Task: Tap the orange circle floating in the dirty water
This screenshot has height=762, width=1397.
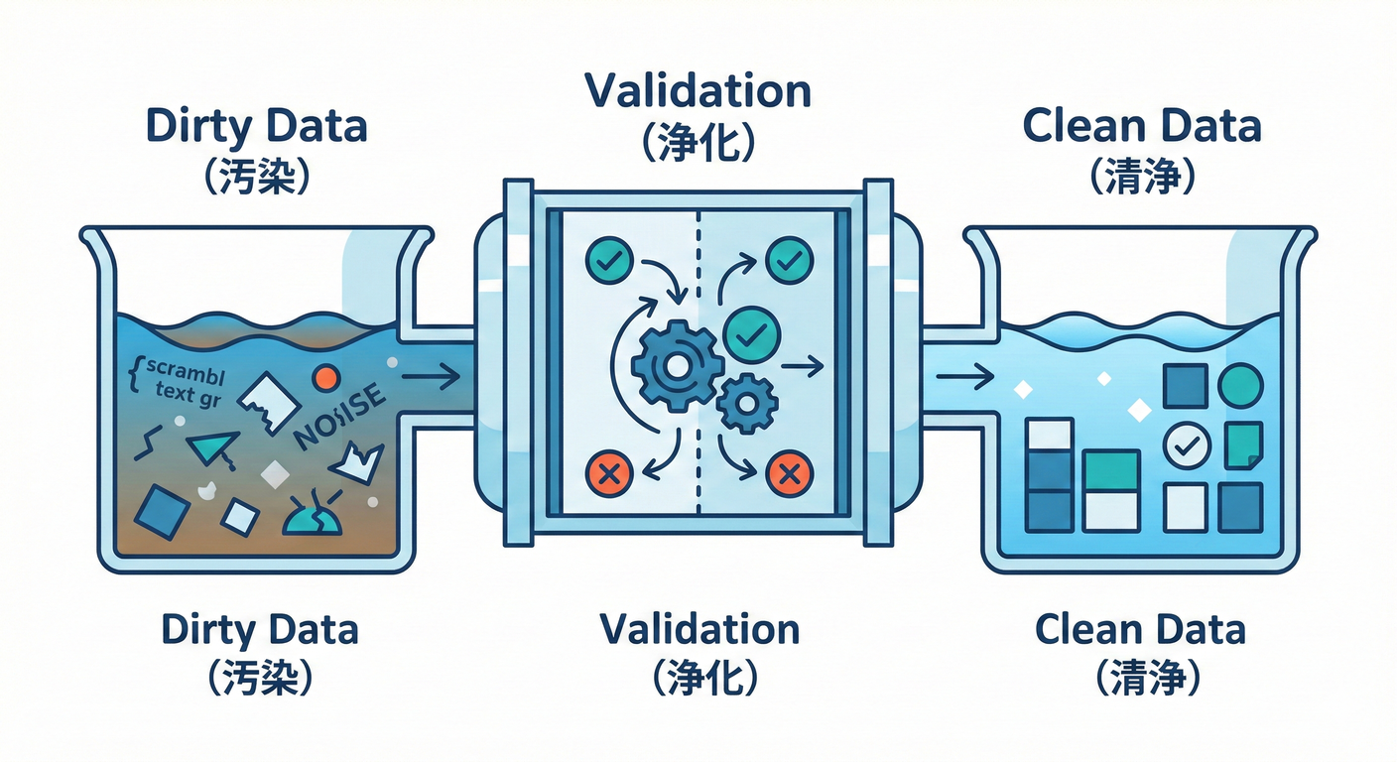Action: click(x=324, y=378)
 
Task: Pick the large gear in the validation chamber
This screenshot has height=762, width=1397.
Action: click(x=677, y=366)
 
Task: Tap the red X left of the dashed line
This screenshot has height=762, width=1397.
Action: click(x=610, y=473)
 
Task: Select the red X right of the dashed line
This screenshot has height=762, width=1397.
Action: click(x=791, y=474)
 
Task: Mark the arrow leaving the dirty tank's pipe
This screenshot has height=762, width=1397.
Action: click(x=431, y=376)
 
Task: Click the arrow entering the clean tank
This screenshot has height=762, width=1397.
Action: click(x=964, y=376)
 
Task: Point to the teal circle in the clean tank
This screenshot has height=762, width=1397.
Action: click(x=1239, y=386)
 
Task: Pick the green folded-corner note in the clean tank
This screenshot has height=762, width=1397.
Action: click(x=1243, y=444)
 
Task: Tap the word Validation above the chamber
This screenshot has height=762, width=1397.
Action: click(x=698, y=91)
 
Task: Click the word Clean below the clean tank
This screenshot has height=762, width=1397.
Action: click(x=1088, y=629)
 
